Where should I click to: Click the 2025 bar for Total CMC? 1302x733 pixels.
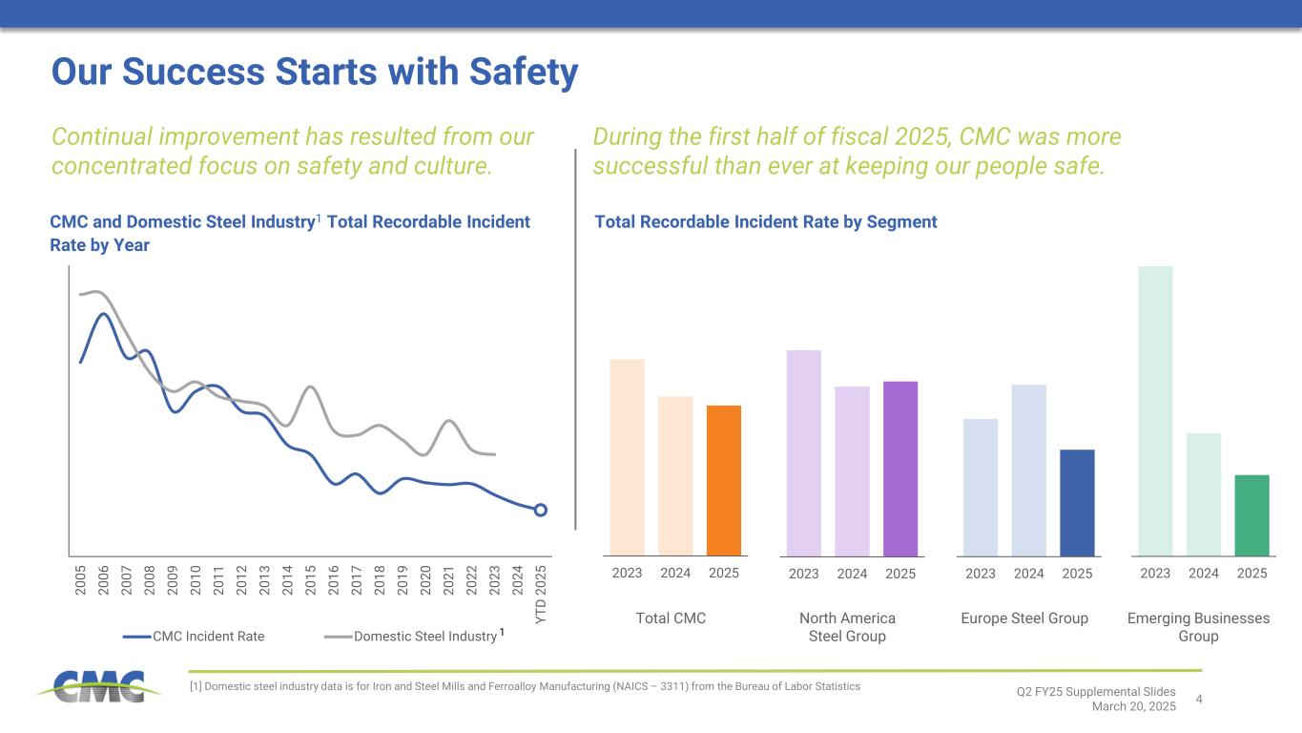[724, 480]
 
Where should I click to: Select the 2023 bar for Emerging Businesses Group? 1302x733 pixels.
[1155, 410]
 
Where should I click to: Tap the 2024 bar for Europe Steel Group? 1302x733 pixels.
[1029, 470]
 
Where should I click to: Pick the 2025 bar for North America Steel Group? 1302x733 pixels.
[900, 468]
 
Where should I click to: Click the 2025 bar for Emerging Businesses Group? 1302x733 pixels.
[1251, 514]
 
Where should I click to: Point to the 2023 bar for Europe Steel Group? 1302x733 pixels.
[981, 487]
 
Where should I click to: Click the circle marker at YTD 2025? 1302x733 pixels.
[540, 510]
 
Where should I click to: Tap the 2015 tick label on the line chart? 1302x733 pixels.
[310, 580]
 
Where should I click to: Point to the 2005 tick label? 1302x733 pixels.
[80, 580]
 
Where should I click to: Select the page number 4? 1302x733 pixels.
[1199, 701]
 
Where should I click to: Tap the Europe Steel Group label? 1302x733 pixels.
[1025, 618]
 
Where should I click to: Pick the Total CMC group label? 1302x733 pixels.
[671, 618]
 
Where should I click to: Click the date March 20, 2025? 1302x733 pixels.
[1134, 705]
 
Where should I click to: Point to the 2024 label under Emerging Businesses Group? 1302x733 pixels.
[1204, 574]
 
